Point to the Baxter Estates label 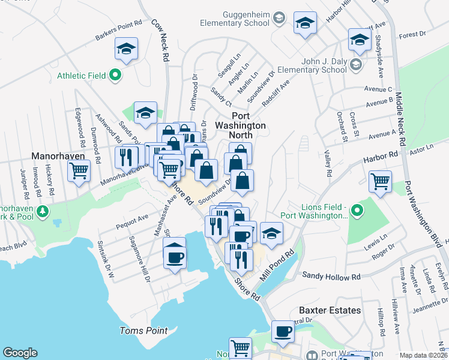pos(330,310)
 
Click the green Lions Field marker pos(357,210)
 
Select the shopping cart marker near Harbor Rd pos(381,181)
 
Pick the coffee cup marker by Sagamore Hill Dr pos(175,256)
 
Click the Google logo pos(20,352)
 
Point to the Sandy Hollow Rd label pos(331,277)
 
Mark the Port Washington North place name pos(249,121)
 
